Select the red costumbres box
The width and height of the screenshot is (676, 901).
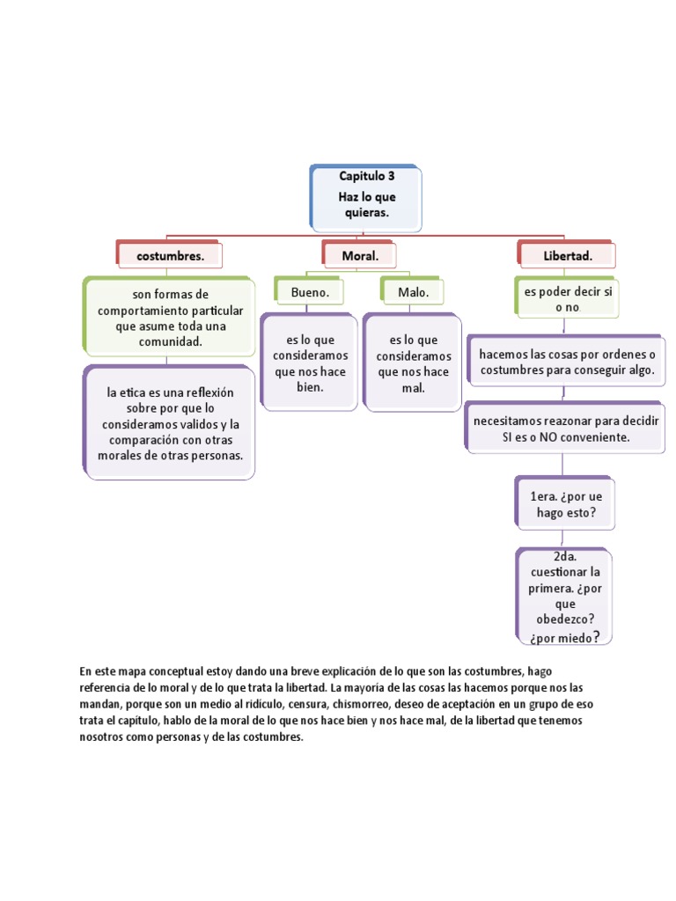[x=170, y=255]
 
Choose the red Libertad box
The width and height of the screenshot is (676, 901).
[x=568, y=255]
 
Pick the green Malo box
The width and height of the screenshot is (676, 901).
[x=413, y=291]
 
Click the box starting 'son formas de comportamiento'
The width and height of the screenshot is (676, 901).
[x=170, y=317]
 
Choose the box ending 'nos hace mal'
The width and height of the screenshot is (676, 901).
[x=413, y=363]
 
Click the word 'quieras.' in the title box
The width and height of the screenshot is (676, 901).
[x=367, y=213]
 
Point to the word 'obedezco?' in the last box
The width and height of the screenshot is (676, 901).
[x=566, y=620]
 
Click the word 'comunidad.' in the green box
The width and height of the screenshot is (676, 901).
[x=170, y=341]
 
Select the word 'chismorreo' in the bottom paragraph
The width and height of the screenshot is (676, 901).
[x=356, y=705]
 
